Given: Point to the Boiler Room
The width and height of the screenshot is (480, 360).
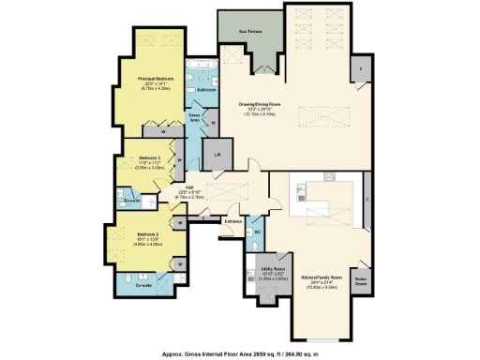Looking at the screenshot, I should (360, 282).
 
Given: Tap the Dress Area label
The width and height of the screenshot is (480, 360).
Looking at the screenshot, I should (195, 119).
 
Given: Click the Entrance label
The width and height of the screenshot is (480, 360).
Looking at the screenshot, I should (232, 221).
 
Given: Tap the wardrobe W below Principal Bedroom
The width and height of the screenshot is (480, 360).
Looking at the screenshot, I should (151, 132).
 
